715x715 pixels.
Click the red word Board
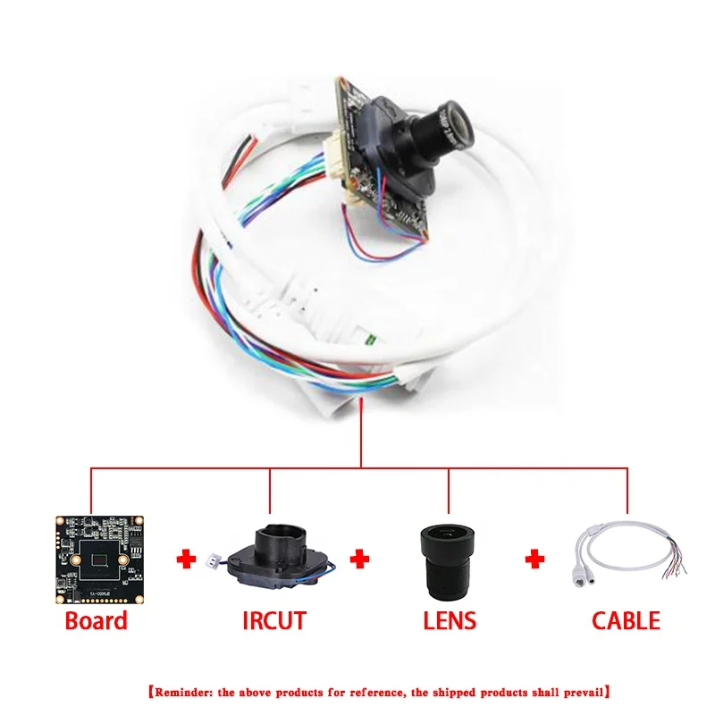pos(96,619)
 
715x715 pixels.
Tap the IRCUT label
pos(274,619)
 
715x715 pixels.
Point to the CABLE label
pos(627,619)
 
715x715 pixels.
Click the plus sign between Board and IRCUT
pos(186,559)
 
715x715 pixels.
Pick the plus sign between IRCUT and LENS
pos(359,559)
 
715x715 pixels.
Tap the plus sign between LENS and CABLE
pos(534,559)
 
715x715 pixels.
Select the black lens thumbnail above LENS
pos(448,559)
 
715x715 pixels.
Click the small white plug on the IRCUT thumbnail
pos(214,563)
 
